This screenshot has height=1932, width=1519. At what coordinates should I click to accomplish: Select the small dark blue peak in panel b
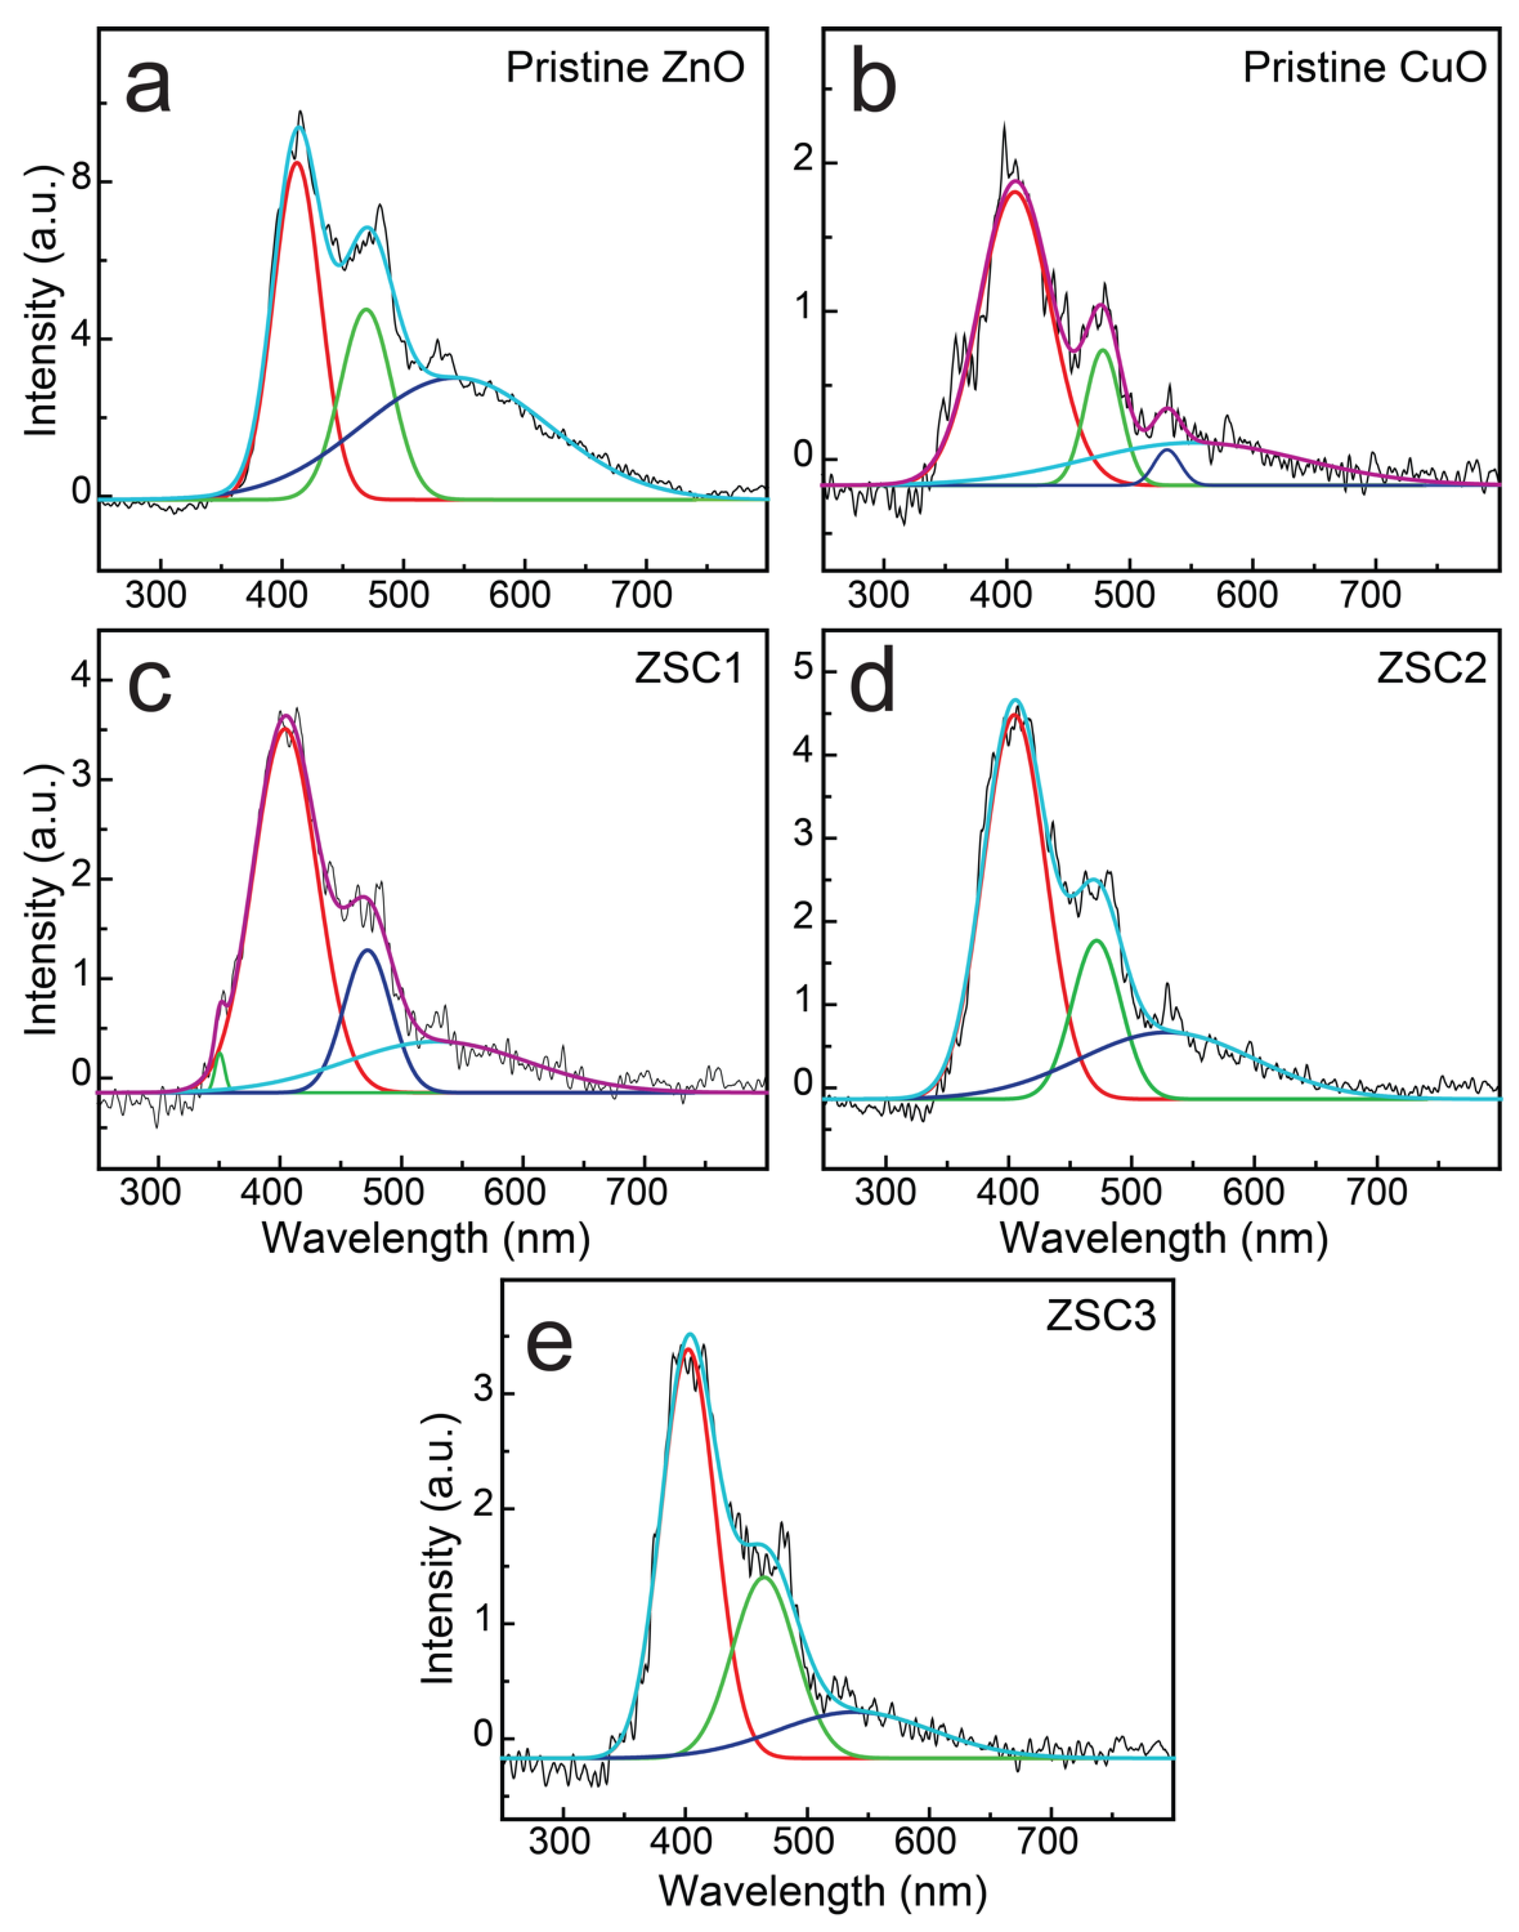coord(1167,450)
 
